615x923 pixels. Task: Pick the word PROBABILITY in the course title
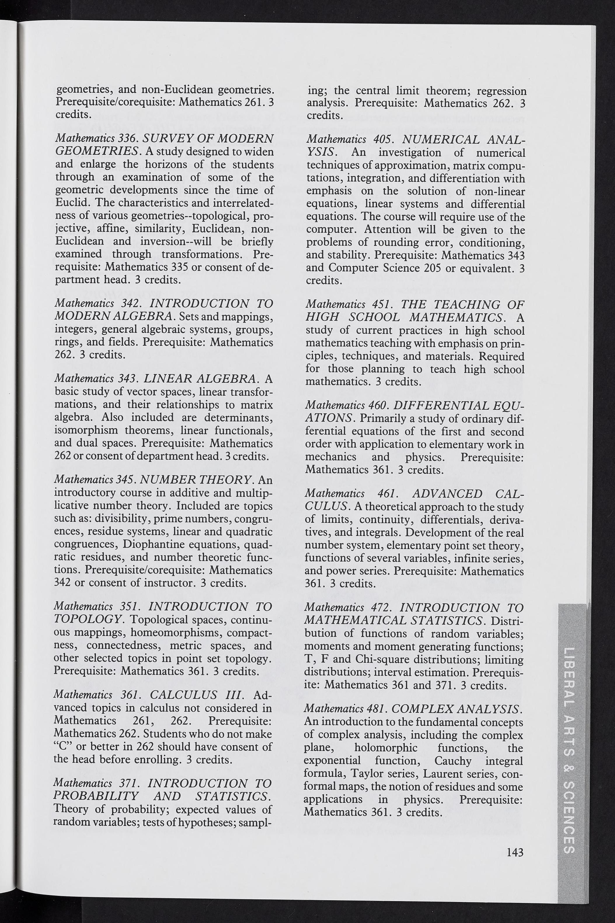point(96,796)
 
